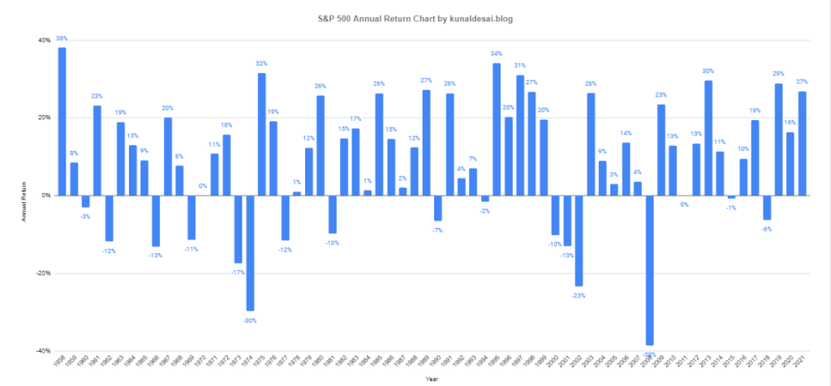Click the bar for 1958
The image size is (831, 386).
point(62,122)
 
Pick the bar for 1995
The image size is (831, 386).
point(497,130)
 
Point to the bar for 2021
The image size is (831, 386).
point(802,144)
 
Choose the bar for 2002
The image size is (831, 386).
point(579,241)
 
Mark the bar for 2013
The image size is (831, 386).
point(708,138)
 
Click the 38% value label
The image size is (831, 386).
point(62,38)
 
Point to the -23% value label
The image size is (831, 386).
point(579,295)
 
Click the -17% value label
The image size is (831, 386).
point(238,272)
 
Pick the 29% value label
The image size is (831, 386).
point(778,74)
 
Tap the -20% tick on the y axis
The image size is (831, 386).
point(41,273)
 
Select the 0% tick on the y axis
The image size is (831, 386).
point(45,195)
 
